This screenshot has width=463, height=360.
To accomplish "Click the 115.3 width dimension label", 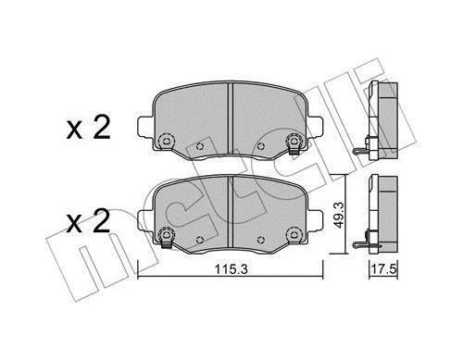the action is (x=231, y=269).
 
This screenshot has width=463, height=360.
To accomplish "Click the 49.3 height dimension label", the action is (x=339, y=215).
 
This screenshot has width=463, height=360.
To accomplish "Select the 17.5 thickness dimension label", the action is (x=383, y=269).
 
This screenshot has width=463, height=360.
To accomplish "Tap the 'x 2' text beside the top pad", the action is (x=89, y=129).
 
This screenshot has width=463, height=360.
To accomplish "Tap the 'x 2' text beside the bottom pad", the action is (x=89, y=221).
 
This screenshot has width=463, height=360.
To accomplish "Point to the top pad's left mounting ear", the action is (x=144, y=127).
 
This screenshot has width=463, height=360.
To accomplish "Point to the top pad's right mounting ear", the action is (x=315, y=127).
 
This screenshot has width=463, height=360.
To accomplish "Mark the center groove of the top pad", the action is (x=230, y=118).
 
